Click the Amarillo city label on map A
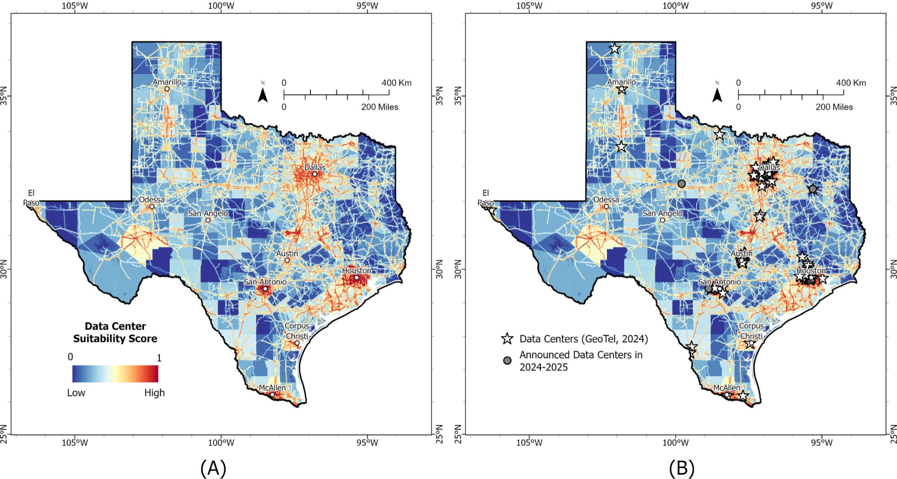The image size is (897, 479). pyautogui.click(x=167, y=82)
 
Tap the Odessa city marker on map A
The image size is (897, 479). pyautogui.click(x=152, y=206)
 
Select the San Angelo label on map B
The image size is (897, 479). pyautogui.click(x=662, y=213)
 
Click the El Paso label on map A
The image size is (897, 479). pyautogui.click(x=31, y=197)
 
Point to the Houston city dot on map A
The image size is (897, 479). pyautogui.click(x=356, y=277)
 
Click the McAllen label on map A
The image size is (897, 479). pyautogui.click(x=272, y=388)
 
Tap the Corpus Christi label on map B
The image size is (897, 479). pyautogui.click(x=752, y=331)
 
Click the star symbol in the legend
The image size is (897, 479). pyautogui.click(x=507, y=339)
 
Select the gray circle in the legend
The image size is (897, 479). pyautogui.click(x=507, y=360)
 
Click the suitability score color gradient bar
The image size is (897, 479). pyautogui.click(x=115, y=373)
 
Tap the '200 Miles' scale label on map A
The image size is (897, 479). pyautogui.click(x=380, y=107)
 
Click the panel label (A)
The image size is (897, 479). pyautogui.click(x=213, y=468)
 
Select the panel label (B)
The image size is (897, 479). pyautogui.click(x=682, y=468)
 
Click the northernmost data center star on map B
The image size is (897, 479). pyautogui.click(x=615, y=49)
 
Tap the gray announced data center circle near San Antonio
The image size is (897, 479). pyautogui.click(x=709, y=289)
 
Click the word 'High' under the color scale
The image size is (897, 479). pyautogui.click(x=155, y=393)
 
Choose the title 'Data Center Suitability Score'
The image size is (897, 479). pyautogui.click(x=115, y=332)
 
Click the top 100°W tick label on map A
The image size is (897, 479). pyautogui.click(x=221, y=6)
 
